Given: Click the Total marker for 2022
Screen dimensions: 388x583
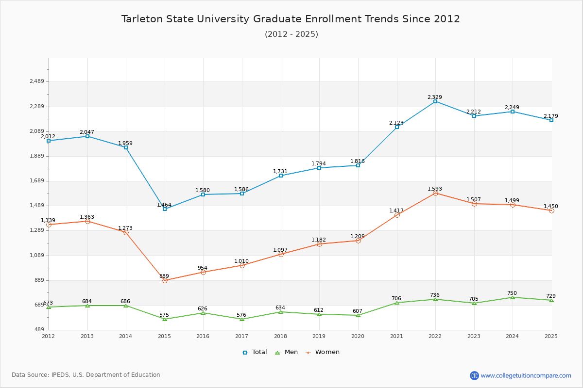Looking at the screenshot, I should [435, 101].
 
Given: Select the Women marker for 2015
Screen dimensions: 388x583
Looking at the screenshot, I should [165, 280].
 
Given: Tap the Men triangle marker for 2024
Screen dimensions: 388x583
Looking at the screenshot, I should [513, 297].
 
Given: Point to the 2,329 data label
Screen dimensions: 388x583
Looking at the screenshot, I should [435, 97].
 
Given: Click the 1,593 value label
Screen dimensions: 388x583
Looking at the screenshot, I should [435, 189].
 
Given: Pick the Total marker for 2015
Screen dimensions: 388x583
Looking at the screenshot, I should [165, 209].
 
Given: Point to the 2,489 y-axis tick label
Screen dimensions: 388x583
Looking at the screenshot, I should [37, 81].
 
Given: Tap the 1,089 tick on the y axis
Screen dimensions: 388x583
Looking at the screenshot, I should [37, 256].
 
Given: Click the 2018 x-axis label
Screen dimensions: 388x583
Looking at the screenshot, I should [280, 336].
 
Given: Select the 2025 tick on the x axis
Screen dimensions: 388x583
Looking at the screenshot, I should [551, 336].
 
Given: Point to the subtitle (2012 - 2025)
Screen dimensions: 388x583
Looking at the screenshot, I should [291, 34].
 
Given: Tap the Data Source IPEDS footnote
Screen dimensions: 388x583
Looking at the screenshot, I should [86, 375].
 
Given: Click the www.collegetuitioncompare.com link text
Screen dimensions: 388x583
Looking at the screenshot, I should [526, 375].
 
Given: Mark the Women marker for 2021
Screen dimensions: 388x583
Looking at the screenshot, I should [397, 215].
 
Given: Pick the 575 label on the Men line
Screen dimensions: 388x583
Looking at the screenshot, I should [164, 315].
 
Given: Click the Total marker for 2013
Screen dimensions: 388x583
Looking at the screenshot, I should [87, 136].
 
